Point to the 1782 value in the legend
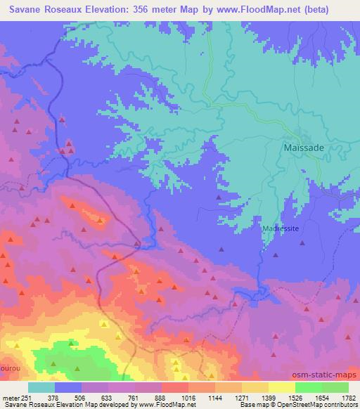coord(348,397)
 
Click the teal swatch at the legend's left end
coord(41,387)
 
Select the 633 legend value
coord(108,397)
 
